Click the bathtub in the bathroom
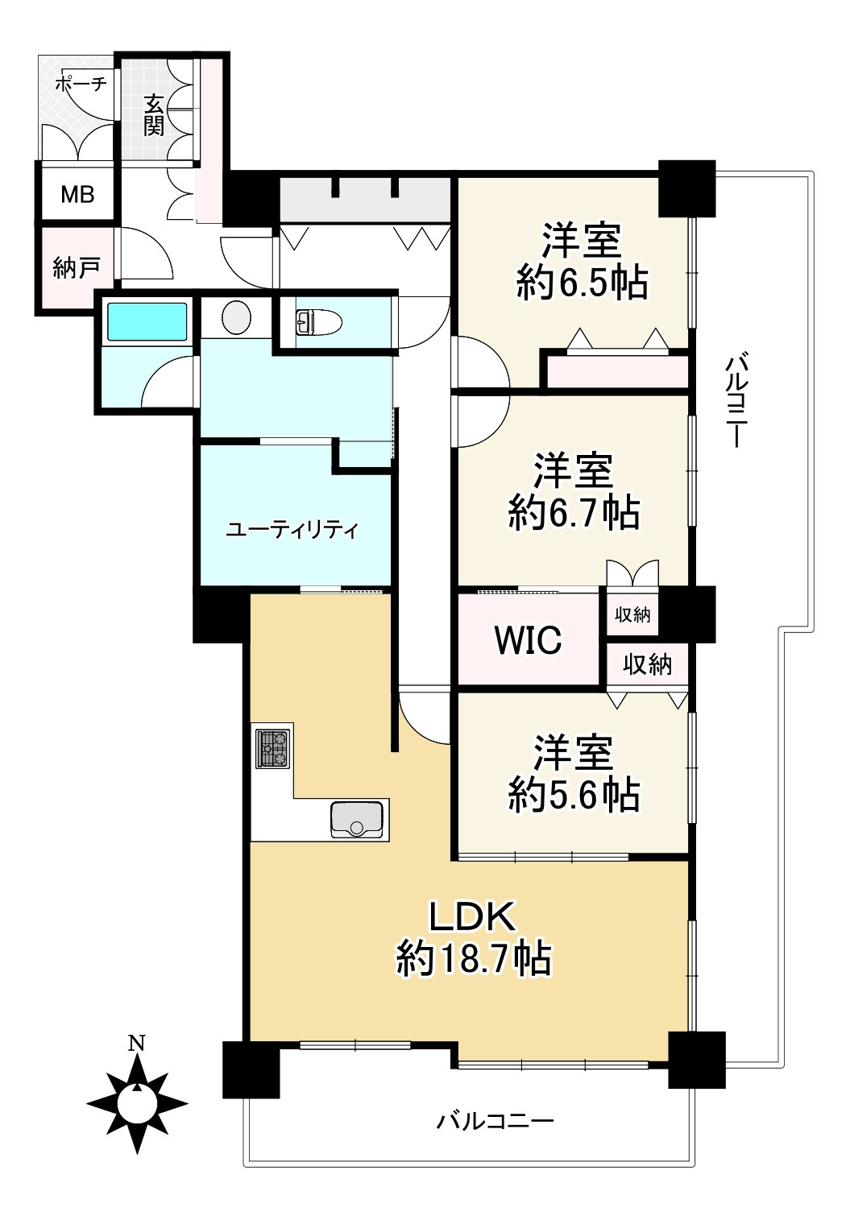(x=147, y=322)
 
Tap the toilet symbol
(x=318, y=321)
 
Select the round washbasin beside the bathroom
(x=237, y=317)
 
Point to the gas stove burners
(x=273, y=749)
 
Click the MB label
(x=77, y=194)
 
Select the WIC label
(x=528, y=640)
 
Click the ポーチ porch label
(x=81, y=84)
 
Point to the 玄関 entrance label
(x=154, y=115)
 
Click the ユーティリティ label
(x=292, y=529)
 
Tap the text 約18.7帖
(x=474, y=959)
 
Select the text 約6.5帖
(x=583, y=283)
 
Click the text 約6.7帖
(x=574, y=512)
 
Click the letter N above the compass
(x=136, y=1043)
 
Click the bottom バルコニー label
(x=495, y=1121)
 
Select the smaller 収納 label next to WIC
(x=632, y=615)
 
